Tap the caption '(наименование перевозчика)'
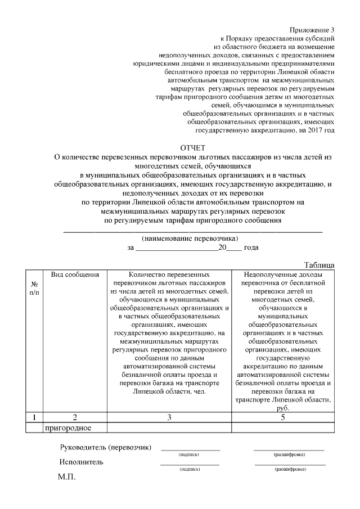point(190,238)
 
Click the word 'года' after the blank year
point(251,247)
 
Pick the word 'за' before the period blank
point(131,247)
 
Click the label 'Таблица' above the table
point(319,265)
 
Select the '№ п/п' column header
point(34,288)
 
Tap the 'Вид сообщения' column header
point(75,274)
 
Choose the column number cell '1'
point(34,417)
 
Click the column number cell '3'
point(169,417)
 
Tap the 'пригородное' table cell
point(69,427)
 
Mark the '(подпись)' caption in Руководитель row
point(189,454)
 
